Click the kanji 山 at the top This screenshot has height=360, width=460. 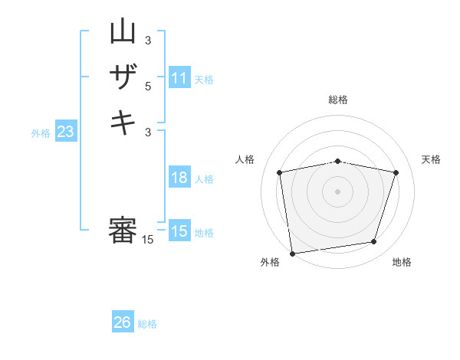pyautogui.click(x=123, y=32)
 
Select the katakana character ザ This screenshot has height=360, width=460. pyautogui.click(x=123, y=77)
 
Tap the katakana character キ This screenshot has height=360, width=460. pyautogui.click(x=123, y=123)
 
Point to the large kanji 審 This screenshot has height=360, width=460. pyautogui.click(x=123, y=231)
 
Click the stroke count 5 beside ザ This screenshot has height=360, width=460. pyautogui.click(x=148, y=87)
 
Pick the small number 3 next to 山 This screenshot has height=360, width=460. pyautogui.click(x=148, y=41)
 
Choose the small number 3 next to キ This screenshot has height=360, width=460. pyautogui.click(x=148, y=132)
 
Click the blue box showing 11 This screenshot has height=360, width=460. pyautogui.click(x=179, y=78)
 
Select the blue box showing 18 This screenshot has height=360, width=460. pyautogui.click(x=179, y=178)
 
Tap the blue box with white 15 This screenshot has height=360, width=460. pyautogui.click(x=179, y=231)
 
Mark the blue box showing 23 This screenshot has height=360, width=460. pyautogui.click(x=66, y=132)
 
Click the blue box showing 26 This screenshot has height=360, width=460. pyautogui.click(x=123, y=322)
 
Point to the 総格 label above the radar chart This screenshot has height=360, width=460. pyautogui.click(x=337, y=100)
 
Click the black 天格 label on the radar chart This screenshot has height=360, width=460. pyautogui.click(x=431, y=159)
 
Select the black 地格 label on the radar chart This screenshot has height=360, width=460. pyautogui.click(x=402, y=263)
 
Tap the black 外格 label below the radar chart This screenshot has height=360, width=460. pyautogui.click(x=270, y=263)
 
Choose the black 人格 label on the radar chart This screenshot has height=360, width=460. pyautogui.click(x=245, y=159)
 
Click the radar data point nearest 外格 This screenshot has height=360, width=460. pyautogui.click(x=292, y=253)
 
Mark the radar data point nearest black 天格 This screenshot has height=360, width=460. pyautogui.click(x=396, y=172)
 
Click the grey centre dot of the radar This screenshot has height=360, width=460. pyautogui.click(x=337, y=191)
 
